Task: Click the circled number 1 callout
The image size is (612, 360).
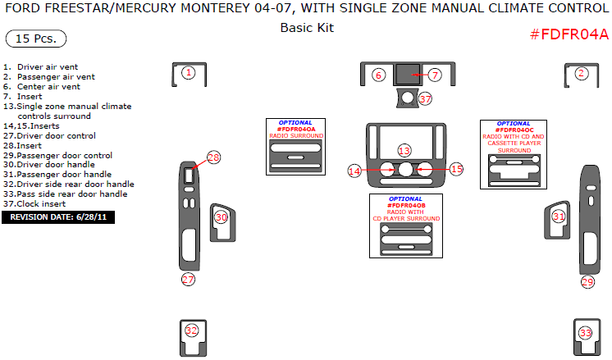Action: [x=189, y=73]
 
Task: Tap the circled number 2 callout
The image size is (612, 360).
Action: [x=582, y=73]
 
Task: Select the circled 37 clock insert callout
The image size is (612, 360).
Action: [x=424, y=98]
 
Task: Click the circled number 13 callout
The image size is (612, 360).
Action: [x=404, y=151]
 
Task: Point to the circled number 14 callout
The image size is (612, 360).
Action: [x=354, y=171]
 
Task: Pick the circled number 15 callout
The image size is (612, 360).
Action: [x=456, y=169]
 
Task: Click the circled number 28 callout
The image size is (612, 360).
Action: [x=214, y=157]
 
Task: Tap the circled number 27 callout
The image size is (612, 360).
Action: [x=189, y=280]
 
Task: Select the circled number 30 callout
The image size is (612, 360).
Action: [x=222, y=217]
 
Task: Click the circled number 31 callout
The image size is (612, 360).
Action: [x=559, y=216]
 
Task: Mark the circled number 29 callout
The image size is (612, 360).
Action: [x=587, y=282]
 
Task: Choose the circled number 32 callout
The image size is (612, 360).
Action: [x=191, y=331]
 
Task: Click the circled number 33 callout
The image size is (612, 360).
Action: [x=585, y=333]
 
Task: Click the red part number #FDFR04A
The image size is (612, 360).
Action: [x=569, y=34]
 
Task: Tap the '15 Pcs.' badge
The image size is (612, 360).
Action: [x=35, y=39]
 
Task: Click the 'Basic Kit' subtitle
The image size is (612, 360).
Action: [x=307, y=27]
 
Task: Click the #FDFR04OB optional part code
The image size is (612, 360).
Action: [x=407, y=205]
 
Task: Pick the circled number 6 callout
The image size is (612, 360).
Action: [x=378, y=75]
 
